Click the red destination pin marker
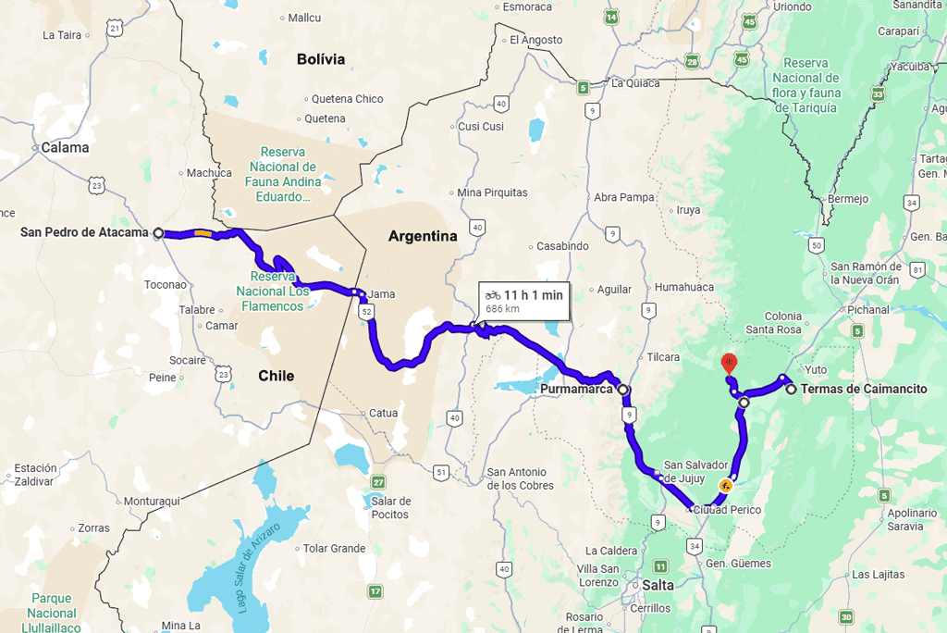tap(729, 361)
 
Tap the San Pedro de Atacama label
tap(84, 232)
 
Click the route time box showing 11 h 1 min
tap(523, 300)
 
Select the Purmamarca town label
tap(575, 390)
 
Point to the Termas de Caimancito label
tap(864, 390)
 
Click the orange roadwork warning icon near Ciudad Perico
tap(726, 485)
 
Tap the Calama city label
tap(65, 147)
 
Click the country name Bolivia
tap(321, 59)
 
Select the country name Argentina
tap(423, 236)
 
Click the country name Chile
tap(276, 376)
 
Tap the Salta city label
tap(658, 586)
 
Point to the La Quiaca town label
tap(636, 83)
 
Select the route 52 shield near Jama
tap(367, 313)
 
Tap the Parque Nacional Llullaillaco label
tap(52, 613)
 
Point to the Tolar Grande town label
tap(334, 549)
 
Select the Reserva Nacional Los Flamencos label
tap(272, 291)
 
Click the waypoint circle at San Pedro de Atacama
tap(159, 233)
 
